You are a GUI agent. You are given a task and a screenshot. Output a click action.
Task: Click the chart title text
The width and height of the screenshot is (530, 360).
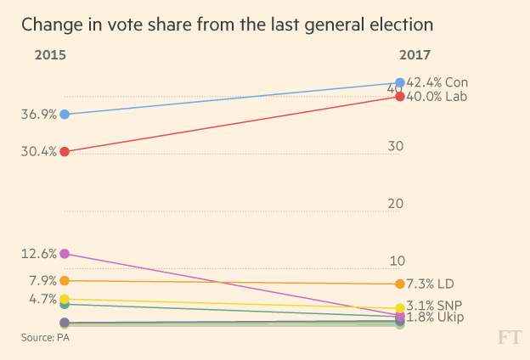point(227,24)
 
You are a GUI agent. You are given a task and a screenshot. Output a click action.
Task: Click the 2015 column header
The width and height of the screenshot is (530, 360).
point(50,56)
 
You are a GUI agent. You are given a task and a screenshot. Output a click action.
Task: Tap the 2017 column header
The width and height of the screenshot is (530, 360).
point(414,56)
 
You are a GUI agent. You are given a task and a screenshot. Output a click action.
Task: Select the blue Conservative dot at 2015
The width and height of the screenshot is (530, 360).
point(65,114)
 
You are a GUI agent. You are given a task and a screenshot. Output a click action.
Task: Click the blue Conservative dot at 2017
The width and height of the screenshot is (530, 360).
point(400,83)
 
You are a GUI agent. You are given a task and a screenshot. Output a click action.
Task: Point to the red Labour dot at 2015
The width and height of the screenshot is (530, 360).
point(65,151)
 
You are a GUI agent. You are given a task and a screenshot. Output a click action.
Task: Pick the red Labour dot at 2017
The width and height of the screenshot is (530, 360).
point(400,97)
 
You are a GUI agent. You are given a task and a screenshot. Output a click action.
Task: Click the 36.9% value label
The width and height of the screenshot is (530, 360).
point(39,115)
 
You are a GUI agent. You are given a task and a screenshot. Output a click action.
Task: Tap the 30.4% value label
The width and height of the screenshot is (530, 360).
point(39,152)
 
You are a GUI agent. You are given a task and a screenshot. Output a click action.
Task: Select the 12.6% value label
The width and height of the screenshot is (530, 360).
point(39,254)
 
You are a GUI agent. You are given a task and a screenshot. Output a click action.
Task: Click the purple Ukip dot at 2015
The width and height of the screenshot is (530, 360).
point(65,254)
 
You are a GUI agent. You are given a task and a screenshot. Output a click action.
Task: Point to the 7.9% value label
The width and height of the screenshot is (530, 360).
point(42,281)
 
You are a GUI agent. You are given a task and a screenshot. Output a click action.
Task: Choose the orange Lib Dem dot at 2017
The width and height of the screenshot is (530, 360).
point(400,284)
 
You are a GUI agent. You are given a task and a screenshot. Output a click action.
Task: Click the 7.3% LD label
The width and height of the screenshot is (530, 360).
point(430,284)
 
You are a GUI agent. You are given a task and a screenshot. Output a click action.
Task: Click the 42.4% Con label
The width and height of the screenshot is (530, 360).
point(437,82)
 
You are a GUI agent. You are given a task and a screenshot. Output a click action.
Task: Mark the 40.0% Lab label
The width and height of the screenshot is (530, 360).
point(437,97)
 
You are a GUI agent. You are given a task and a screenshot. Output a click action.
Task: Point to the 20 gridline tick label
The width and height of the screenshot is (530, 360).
point(394,204)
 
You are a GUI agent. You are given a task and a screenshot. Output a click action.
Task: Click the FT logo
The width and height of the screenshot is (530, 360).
point(508,338)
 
